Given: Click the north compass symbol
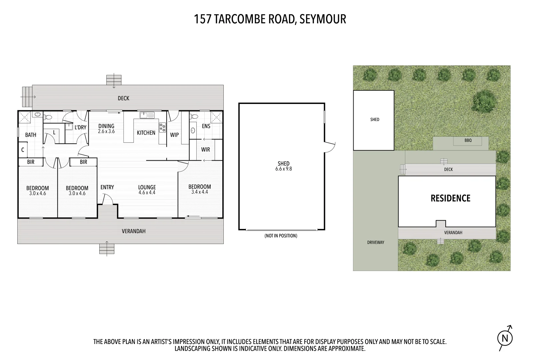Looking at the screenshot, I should [x=505, y=338].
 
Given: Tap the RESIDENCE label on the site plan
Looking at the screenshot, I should [x=450, y=198].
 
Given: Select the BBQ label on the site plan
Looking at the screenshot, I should [x=468, y=141].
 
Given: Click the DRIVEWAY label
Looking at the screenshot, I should [x=376, y=242].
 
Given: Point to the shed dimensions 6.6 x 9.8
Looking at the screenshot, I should [x=283, y=169].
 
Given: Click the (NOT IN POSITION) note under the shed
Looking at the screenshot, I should [x=281, y=236].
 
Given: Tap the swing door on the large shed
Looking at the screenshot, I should [x=329, y=147].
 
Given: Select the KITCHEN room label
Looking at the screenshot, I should [x=146, y=133].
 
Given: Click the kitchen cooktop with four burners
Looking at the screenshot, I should [x=162, y=128].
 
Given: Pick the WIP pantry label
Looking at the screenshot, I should [x=174, y=135].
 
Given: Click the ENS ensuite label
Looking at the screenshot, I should [x=206, y=126].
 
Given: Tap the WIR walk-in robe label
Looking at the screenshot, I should [x=205, y=150].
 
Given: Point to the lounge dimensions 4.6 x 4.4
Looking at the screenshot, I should [x=147, y=192].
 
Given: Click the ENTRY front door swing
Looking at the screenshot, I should [x=108, y=200].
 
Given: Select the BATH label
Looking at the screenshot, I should [x=31, y=135].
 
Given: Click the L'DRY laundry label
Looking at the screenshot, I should [x=80, y=127].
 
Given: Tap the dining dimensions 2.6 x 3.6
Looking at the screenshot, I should [x=106, y=132].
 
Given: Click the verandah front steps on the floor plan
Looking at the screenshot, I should [x=107, y=248].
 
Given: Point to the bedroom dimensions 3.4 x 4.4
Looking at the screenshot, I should [x=200, y=192].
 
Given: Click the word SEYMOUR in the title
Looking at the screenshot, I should [x=323, y=19].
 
